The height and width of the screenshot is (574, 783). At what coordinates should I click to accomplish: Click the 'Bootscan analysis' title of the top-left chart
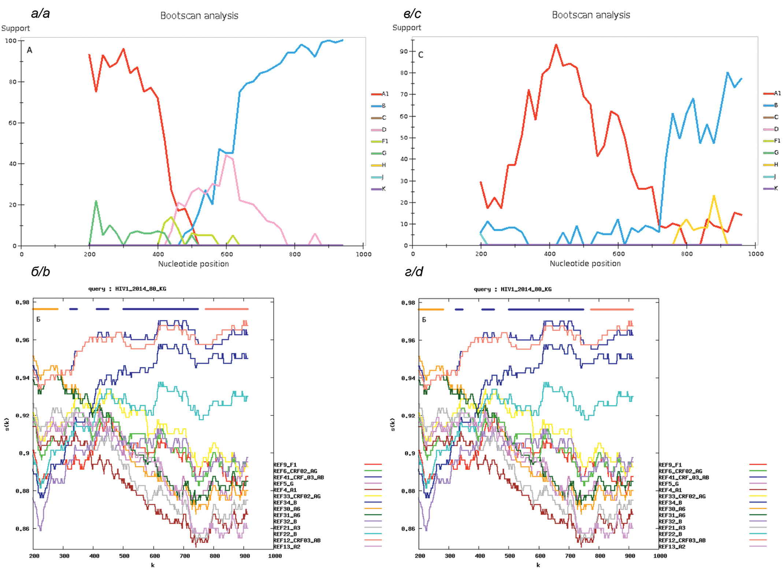pyautogui.click(x=199, y=15)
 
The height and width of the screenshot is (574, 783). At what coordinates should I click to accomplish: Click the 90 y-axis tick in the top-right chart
pyautogui.click(x=404, y=51)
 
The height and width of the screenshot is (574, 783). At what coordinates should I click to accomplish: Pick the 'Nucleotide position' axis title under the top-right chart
pyautogui.click(x=585, y=263)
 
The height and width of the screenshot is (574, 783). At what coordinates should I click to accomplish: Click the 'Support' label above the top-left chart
pyautogui.click(x=15, y=28)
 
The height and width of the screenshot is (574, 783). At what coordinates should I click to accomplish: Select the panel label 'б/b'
pyautogui.click(x=40, y=271)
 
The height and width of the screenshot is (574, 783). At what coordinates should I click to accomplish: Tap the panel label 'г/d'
pyautogui.click(x=414, y=271)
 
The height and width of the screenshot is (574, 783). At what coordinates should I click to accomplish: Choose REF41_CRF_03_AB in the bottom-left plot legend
pyautogui.click(x=298, y=477)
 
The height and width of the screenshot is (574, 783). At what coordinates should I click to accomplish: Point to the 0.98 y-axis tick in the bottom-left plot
pyautogui.click(x=22, y=302)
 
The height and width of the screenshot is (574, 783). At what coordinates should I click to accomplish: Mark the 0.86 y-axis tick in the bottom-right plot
pyautogui.click(x=408, y=529)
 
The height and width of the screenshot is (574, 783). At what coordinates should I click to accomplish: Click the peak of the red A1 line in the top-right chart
pyautogui.click(x=556, y=45)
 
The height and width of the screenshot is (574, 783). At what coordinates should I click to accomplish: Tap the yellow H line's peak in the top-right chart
pyautogui.click(x=714, y=196)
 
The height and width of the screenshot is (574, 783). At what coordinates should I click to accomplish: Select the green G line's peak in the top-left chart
pyautogui.click(x=96, y=201)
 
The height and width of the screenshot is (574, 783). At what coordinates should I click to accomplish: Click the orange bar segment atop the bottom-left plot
pyautogui.click(x=45, y=309)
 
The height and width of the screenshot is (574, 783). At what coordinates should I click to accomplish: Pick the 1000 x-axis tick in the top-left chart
pyautogui.click(x=363, y=254)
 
